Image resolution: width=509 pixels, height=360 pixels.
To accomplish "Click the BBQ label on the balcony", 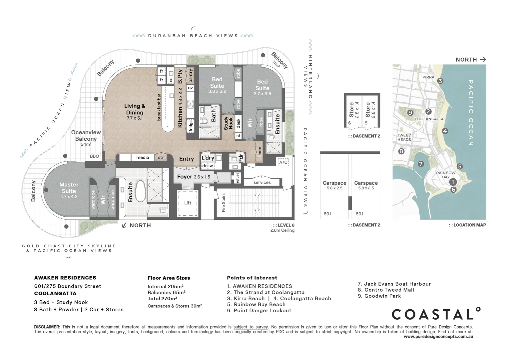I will [94, 156].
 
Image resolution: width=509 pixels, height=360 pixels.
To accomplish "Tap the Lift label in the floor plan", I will [188, 203].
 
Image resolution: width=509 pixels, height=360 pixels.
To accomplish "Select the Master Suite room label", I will [69, 188].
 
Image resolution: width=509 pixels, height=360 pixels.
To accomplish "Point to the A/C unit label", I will [283, 162].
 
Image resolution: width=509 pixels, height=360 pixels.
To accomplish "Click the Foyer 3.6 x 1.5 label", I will [194, 177].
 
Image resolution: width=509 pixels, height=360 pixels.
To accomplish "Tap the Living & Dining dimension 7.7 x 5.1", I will [135, 118].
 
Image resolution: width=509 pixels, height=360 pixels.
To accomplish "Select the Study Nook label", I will [229, 123].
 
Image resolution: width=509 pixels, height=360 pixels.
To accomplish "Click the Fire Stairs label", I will [224, 202].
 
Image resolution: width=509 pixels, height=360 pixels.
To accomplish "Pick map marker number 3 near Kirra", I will [440, 81].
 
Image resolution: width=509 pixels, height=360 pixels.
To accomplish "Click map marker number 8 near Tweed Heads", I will [401, 151].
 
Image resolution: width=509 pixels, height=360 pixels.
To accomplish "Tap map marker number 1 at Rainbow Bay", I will [453, 182].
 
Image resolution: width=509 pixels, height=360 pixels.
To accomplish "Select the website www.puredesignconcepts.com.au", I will [438, 337].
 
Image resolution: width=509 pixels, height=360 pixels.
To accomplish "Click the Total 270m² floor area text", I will [162, 299].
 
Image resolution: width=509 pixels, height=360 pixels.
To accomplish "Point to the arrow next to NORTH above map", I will [483, 59].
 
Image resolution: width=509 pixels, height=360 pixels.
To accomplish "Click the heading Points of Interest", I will [252, 278].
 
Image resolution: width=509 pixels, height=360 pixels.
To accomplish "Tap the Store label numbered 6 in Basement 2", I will [351, 110].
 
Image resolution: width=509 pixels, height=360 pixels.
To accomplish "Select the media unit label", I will [143, 157].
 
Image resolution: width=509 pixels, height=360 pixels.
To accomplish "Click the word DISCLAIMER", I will [47, 327].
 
